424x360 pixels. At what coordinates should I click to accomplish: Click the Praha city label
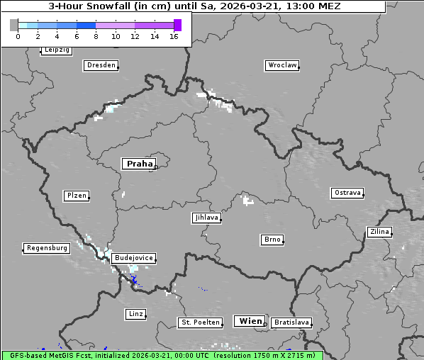pos(139,164)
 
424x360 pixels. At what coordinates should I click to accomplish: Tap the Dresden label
pos(101,65)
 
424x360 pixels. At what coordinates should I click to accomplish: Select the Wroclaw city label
pos(282,65)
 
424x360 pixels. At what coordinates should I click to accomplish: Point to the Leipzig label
pos(56,50)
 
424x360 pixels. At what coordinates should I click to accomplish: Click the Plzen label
pos(76,196)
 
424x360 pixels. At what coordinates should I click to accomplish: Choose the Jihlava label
pos(206,218)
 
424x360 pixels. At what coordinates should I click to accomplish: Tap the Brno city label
pos(272,240)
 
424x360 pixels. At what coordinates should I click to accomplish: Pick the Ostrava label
pos(347,193)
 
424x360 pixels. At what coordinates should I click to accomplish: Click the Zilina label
pos(379,232)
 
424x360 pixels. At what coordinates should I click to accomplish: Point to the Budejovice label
pos(133,258)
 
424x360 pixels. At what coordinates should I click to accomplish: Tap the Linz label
pos(135,313)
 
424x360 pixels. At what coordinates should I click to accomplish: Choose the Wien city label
pos(250,321)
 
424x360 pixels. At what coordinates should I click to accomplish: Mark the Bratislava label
pos(291,322)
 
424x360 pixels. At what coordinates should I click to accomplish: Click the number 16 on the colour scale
pos(174,36)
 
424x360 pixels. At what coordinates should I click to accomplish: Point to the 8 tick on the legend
pos(96,36)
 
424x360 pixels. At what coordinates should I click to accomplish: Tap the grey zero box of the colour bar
pos(14,25)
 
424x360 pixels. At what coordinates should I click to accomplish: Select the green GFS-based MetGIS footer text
pos(162,355)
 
